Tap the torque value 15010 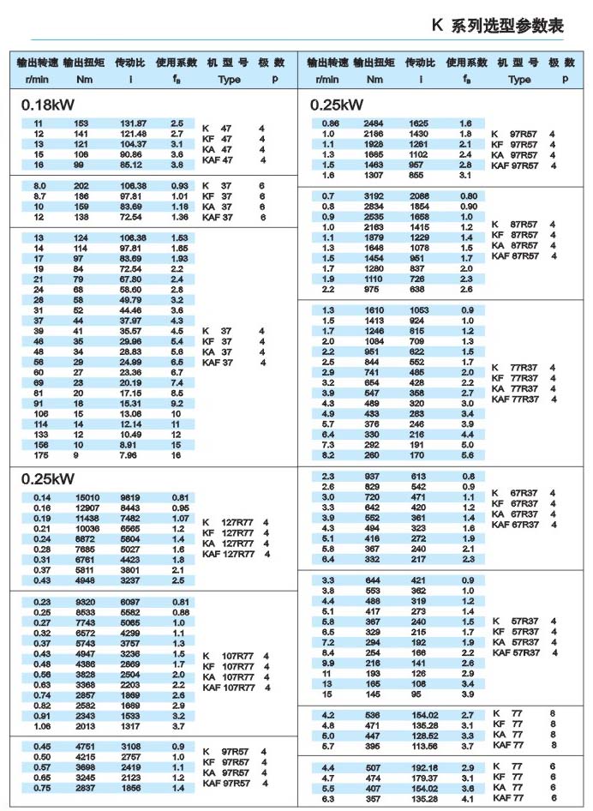click(x=88, y=497)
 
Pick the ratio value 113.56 click(x=423, y=746)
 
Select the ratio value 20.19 click(x=131, y=381)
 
